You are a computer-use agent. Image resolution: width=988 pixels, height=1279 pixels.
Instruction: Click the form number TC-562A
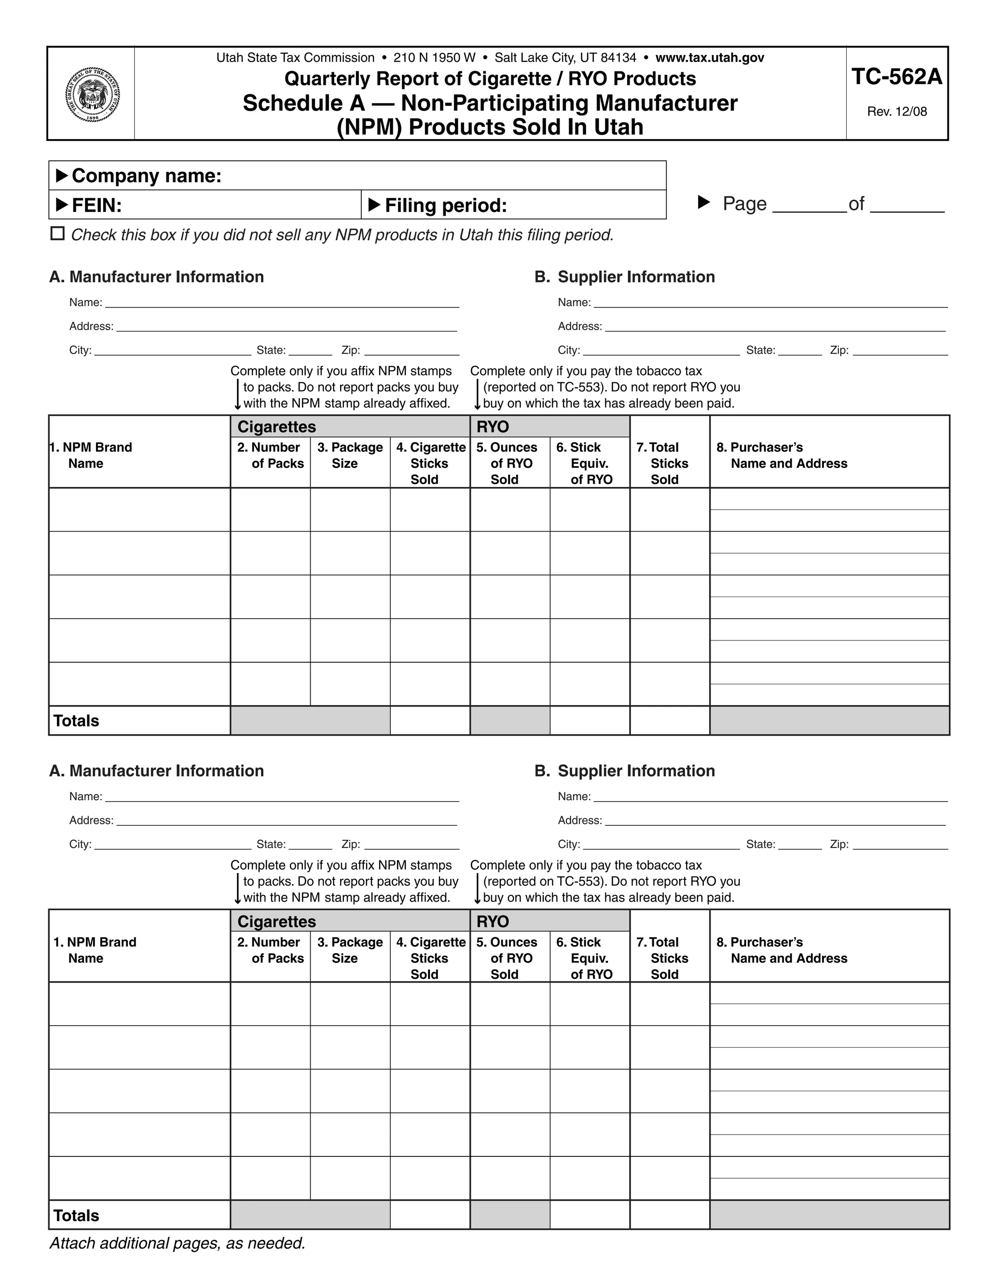tap(896, 77)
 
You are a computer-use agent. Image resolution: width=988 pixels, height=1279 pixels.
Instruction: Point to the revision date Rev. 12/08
tap(896, 112)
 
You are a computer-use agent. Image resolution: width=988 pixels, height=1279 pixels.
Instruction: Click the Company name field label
tap(146, 176)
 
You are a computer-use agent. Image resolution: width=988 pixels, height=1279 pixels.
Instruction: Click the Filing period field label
tap(445, 206)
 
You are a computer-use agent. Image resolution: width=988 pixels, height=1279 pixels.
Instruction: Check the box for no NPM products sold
tap(57, 234)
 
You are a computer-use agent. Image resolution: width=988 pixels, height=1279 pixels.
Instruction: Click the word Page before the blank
tap(744, 204)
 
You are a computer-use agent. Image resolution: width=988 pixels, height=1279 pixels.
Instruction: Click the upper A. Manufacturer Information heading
tap(156, 277)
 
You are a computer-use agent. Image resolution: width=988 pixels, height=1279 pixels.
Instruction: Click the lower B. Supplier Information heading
tap(625, 771)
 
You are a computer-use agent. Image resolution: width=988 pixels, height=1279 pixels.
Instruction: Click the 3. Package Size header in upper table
tap(349, 455)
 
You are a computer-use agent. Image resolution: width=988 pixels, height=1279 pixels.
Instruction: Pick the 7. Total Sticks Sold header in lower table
tap(663, 958)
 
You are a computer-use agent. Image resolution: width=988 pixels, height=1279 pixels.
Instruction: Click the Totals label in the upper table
tap(76, 721)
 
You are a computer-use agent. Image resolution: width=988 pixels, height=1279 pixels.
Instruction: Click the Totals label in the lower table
tap(76, 1216)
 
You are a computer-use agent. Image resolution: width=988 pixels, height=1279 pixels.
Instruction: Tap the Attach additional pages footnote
tap(178, 1243)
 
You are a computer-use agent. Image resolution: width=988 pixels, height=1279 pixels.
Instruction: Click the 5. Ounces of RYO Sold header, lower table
tap(507, 958)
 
